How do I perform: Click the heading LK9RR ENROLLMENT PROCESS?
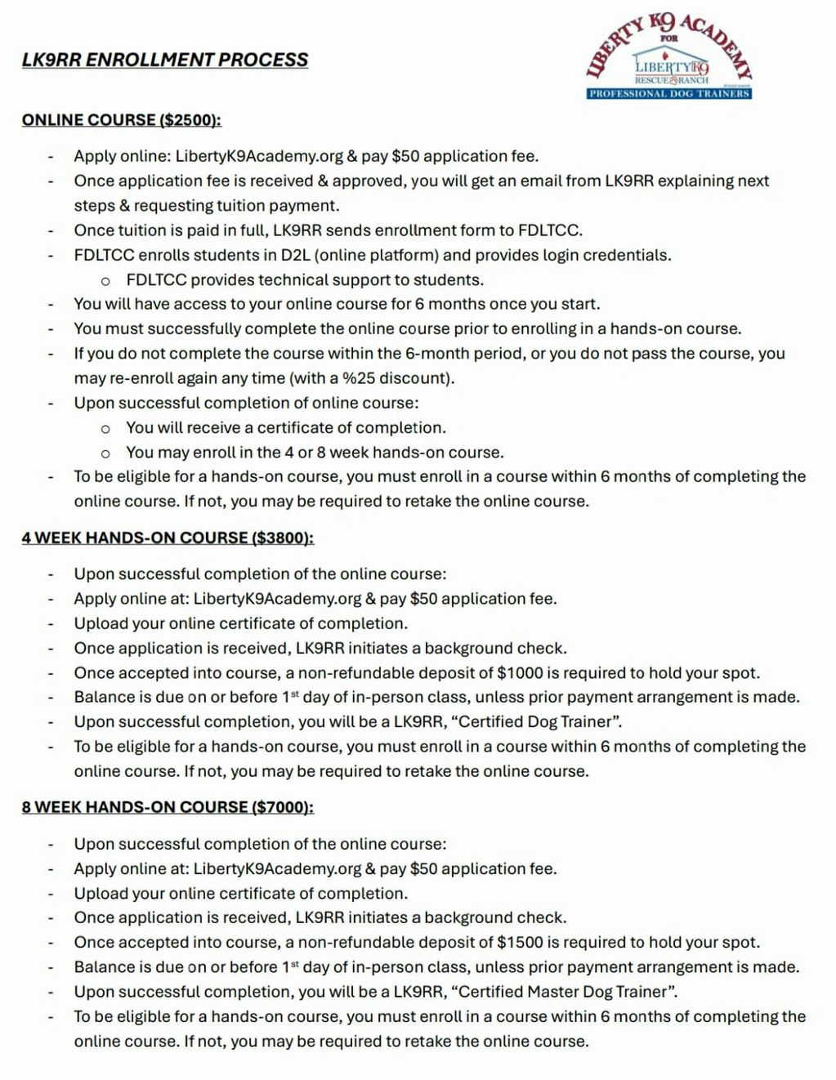coord(165,60)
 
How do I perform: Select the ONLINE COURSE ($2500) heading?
coord(122,120)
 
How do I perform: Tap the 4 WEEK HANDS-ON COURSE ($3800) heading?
coord(168,538)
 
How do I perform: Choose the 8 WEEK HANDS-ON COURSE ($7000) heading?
coord(168,807)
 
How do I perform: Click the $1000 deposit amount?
coord(520,673)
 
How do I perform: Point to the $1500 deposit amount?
coord(520,942)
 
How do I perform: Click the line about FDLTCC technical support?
coord(305,280)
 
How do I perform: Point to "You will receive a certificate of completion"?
coord(286,427)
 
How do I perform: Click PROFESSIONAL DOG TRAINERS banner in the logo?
coord(668,93)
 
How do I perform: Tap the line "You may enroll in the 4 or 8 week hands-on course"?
coord(315,453)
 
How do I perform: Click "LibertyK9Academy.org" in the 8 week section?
coord(277,868)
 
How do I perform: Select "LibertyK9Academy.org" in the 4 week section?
coord(277,599)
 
